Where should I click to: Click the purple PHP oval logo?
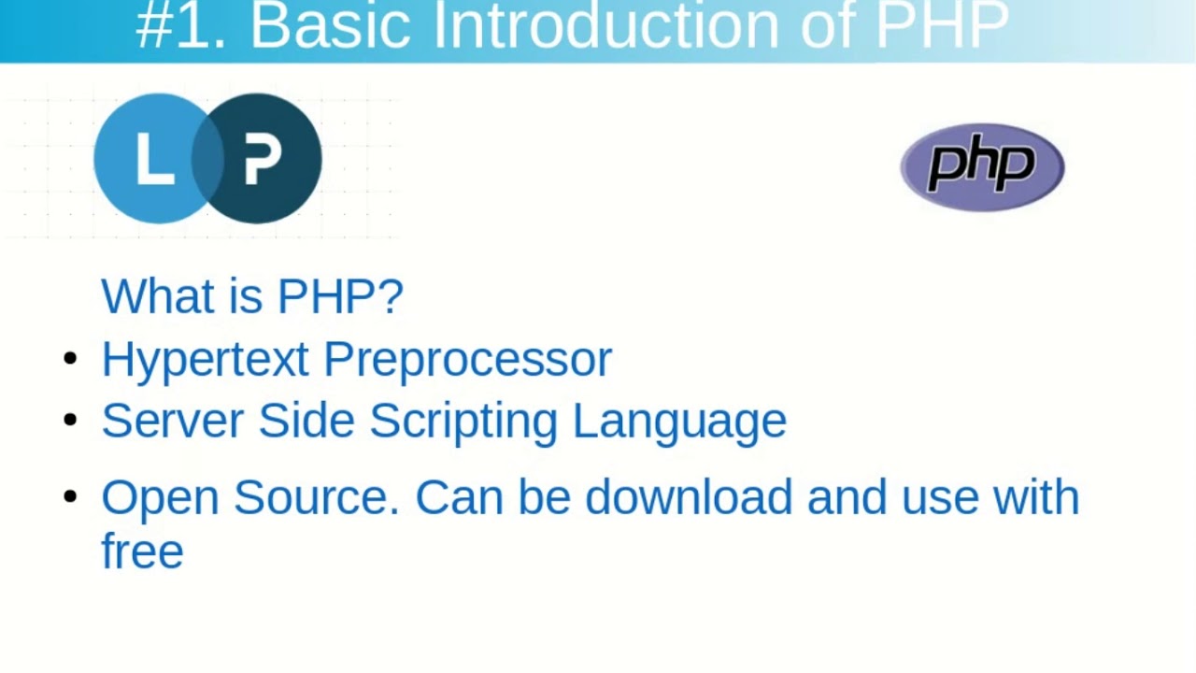(982, 167)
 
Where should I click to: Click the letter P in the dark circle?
(263, 159)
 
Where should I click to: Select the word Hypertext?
(205, 360)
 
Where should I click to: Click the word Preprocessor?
(467, 360)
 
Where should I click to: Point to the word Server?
(172, 421)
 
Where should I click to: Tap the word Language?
(679, 422)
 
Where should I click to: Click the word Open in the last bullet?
(159, 498)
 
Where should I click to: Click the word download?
(689, 497)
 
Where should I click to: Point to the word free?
(142, 551)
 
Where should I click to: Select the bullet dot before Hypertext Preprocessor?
(70, 358)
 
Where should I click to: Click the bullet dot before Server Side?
(70, 420)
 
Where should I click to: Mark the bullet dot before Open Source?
(70, 496)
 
